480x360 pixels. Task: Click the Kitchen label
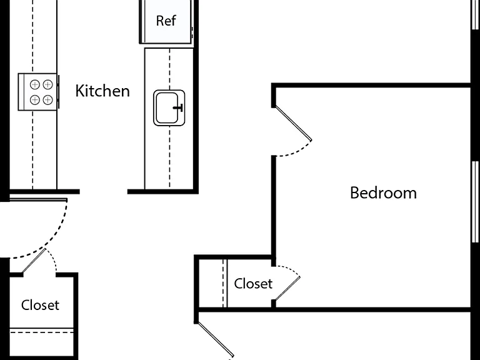coord(102,91)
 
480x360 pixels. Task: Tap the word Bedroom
coord(383,193)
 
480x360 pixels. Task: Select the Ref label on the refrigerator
coord(166,21)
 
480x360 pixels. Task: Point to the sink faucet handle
coord(179,107)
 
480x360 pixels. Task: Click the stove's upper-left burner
coord(35,84)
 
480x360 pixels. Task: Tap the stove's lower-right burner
coord(47,100)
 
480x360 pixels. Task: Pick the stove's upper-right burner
coord(47,84)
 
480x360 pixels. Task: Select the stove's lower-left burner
coord(35,100)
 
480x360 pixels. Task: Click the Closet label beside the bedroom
coord(253,284)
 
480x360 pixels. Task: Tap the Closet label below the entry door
coord(40,305)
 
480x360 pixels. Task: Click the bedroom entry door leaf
coord(293,123)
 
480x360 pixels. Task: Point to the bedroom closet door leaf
coord(287,288)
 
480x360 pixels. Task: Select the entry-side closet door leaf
coord(34,261)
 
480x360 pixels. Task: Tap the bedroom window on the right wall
coord(475,202)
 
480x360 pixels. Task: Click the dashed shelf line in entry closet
coord(42,332)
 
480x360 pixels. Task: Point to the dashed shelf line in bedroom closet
coord(223,283)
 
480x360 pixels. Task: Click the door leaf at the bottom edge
coord(216,339)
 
